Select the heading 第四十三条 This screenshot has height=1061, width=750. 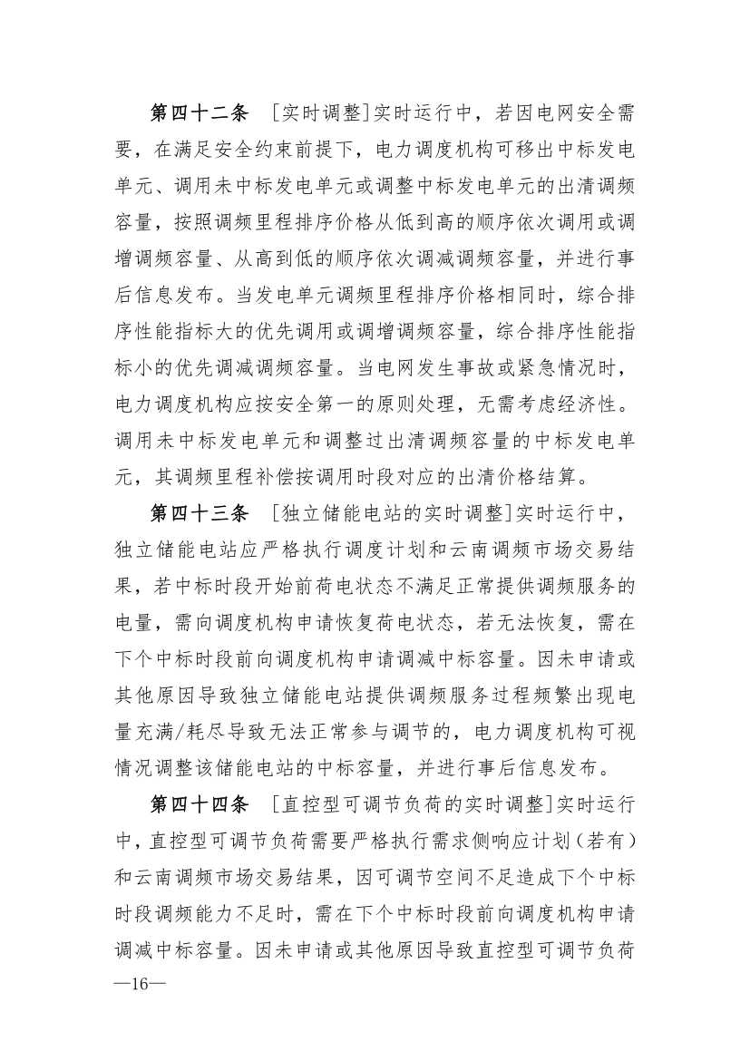tap(198, 515)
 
